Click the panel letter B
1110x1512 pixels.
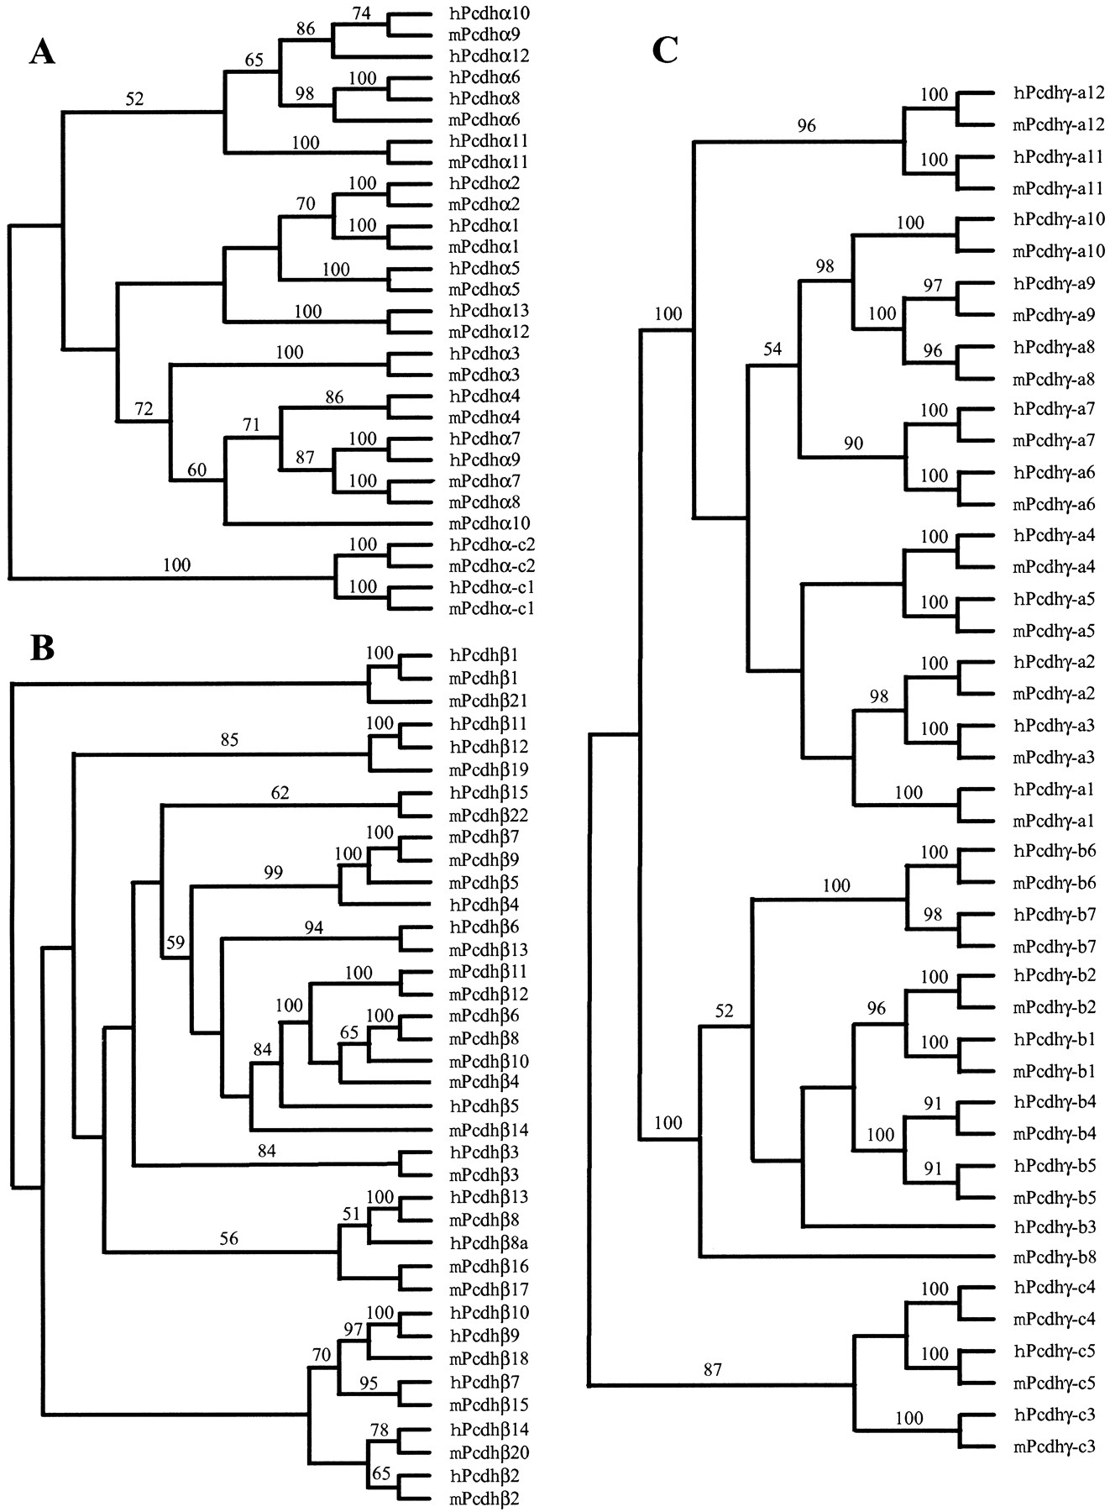click(43, 648)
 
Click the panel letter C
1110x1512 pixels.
click(664, 51)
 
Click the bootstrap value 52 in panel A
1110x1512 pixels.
click(135, 99)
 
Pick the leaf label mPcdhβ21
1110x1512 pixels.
click(490, 701)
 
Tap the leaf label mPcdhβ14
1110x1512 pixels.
click(490, 1129)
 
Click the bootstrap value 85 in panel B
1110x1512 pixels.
click(229, 740)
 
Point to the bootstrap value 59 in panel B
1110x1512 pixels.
click(175, 943)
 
